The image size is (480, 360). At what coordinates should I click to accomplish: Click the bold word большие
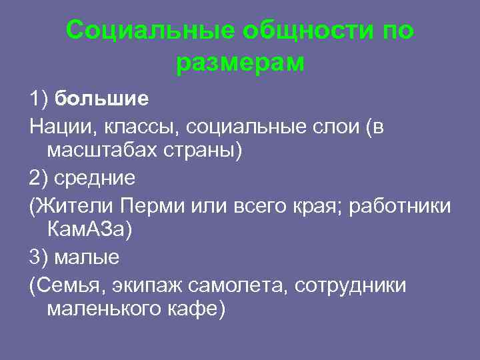101,99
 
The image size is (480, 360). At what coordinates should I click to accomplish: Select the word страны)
203,151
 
